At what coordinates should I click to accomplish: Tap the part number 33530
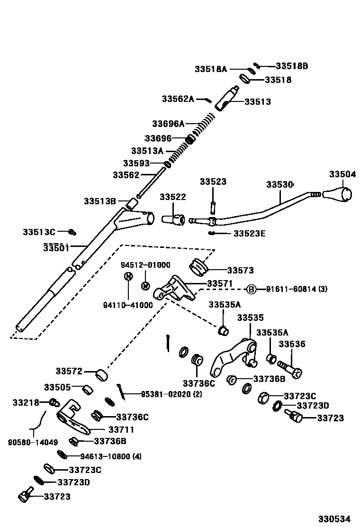(279, 184)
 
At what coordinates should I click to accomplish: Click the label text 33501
(56, 247)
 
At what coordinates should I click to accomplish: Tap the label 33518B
(292, 66)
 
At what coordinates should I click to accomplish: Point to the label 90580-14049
(33, 442)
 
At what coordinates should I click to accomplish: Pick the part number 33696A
(168, 124)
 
